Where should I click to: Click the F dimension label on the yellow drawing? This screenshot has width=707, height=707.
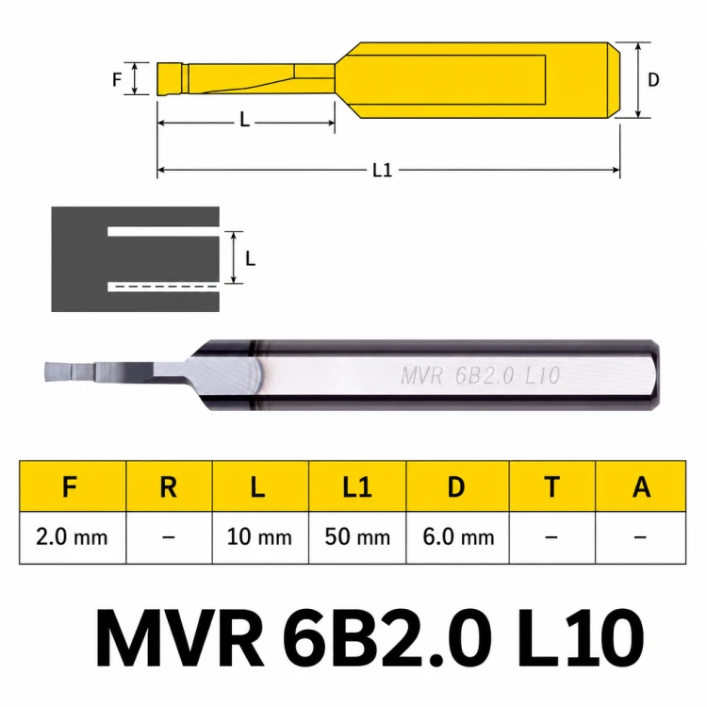point(117,80)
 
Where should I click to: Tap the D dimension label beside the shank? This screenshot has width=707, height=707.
point(653,80)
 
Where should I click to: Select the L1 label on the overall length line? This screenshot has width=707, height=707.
point(383,171)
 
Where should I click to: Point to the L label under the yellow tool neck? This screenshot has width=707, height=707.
point(244,120)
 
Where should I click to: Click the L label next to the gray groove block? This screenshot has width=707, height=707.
point(250,258)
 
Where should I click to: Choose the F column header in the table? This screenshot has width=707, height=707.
point(70,486)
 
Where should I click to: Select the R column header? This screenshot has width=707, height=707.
point(169,486)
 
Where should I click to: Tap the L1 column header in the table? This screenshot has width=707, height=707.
point(357,486)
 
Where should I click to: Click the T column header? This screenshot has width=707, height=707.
point(551,486)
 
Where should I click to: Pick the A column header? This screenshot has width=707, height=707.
point(641,486)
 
